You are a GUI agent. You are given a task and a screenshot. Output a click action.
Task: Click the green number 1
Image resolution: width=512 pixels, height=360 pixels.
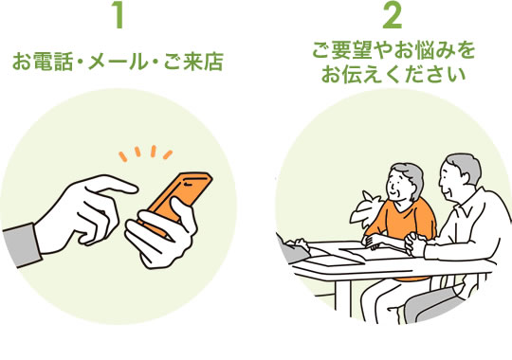[119, 15]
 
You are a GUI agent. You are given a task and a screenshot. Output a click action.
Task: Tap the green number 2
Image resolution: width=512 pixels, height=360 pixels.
[392, 15]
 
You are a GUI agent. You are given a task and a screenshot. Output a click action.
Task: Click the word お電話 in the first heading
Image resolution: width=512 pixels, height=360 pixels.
[43, 62]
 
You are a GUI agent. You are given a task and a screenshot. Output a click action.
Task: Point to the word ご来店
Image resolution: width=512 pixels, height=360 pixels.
[193, 62]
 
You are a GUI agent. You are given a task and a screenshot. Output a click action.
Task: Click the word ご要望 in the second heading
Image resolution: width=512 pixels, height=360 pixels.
[342, 50]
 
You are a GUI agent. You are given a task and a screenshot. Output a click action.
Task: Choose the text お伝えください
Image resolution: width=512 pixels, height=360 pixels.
[393, 74]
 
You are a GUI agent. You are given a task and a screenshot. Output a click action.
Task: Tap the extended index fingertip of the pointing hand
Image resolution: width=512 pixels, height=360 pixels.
[134, 189]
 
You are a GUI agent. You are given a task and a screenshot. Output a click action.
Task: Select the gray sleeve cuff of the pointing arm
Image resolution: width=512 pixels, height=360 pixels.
[21, 245]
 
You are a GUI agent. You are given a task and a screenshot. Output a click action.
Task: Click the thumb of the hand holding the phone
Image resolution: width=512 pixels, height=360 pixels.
[183, 212]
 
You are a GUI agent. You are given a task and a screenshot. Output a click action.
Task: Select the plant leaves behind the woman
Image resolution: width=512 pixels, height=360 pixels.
[366, 208]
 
